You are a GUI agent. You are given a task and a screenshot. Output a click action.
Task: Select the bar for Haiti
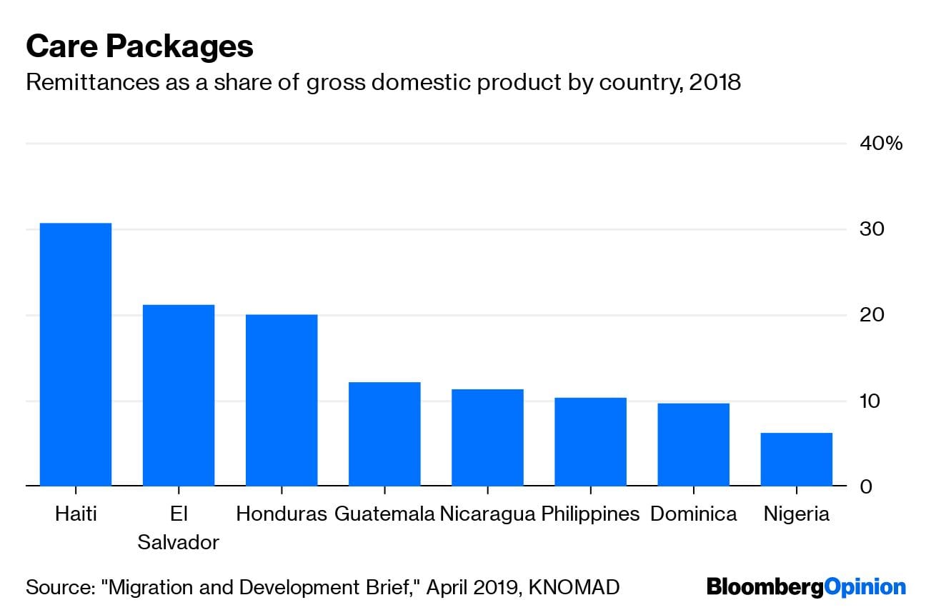[76, 354]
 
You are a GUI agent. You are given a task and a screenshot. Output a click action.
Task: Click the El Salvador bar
[179, 395]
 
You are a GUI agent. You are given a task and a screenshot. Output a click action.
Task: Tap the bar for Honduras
[282, 400]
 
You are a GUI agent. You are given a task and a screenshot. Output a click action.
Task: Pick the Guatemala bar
[384, 434]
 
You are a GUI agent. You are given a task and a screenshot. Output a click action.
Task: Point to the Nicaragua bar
[487, 437]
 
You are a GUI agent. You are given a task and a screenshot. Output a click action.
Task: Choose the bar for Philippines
[590, 441]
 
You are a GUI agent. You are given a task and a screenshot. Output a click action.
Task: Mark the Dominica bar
[693, 444]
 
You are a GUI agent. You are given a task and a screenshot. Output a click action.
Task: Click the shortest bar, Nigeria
[796, 459]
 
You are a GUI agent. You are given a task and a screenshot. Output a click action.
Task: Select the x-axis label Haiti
[76, 514]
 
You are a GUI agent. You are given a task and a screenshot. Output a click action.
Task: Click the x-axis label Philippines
[590, 514]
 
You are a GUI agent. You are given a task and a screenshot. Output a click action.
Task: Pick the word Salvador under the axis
[179, 541]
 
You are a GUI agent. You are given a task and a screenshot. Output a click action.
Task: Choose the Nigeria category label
[796, 514]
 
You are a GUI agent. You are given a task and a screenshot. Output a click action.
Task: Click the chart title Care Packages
[139, 46]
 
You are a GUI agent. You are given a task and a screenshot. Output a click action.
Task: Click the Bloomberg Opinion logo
[806, 587]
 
